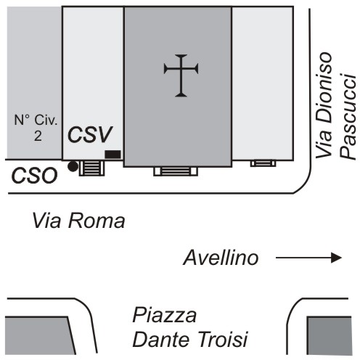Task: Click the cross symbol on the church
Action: pos(181,75)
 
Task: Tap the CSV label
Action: pos(90,134)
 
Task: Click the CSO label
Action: pos(35,176)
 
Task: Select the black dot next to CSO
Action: pos(73,166)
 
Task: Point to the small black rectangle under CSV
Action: pos(112,155)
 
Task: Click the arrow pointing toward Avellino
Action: pos(308,258)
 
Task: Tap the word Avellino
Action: pos(221,258)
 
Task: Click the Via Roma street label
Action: pos(78,221)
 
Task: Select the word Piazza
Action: pos(165,315)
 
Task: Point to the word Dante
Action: pos(161,339)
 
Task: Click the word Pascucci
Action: pos(348,117)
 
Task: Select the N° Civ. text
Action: pos(36,120)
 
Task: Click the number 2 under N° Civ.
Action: pos(38,136)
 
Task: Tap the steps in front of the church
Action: pos(176,171)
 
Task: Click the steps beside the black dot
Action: pos(91,168)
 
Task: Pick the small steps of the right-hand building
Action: pos(263,163)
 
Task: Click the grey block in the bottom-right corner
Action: pos(330,335)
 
